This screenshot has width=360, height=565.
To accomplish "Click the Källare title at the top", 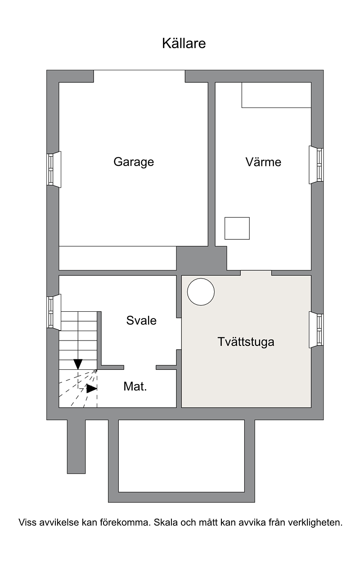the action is [x=184, y=43].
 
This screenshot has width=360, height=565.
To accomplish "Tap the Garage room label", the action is [x=134, y=162].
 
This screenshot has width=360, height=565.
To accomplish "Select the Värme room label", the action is [x=263, y=162].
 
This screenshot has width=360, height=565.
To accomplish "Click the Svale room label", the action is [x=141, y=321].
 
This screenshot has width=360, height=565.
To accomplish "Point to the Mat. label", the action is [x=135, y=386].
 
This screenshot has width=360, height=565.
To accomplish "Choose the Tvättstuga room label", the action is [x=246, y=342].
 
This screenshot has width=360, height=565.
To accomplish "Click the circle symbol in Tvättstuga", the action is [x=201, y=292].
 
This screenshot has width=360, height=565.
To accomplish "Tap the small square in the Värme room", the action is [x=237, y=228].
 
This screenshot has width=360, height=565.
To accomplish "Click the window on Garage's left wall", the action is [x=54, y=170].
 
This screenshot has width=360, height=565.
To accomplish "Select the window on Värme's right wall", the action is [x=316, y=165].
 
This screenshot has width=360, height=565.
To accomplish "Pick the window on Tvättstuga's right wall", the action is [x=316, y=330].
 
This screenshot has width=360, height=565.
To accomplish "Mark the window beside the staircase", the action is [x=54, y=312].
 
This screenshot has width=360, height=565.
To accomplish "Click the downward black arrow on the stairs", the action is [x=78, y=364].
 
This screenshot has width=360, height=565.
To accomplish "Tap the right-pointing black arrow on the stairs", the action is [x=92, y=389].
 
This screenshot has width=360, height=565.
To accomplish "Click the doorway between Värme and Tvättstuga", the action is [x=256, y=273].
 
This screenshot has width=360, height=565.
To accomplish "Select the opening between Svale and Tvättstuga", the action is [x=179, y=333].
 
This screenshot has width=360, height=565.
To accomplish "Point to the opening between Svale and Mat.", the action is [x=140, y=368].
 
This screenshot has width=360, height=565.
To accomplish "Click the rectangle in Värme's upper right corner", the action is [x=276, y=95].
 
